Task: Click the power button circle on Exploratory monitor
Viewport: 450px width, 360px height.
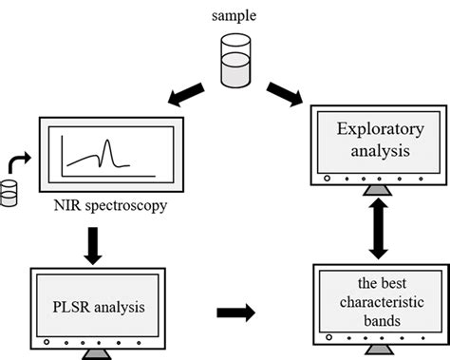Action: tap(327, 178)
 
